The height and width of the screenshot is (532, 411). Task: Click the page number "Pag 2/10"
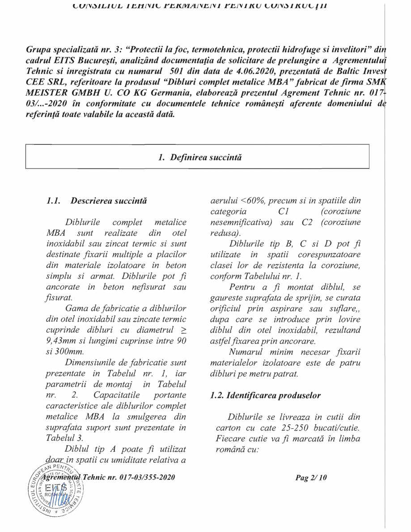[x=311, y=478]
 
